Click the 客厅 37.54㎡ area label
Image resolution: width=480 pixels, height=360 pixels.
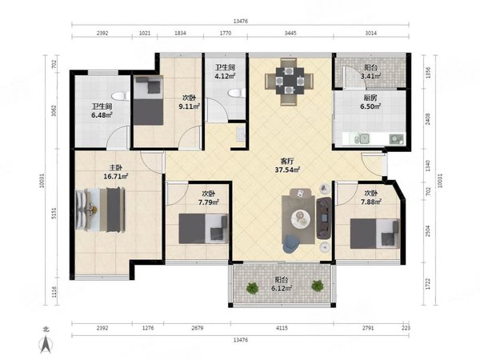click(287, 166)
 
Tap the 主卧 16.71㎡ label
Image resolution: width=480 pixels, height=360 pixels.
click(116, 172)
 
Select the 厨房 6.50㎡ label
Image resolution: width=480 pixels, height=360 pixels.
click(370, 102)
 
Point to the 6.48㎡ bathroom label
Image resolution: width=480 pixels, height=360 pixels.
click(102, 111)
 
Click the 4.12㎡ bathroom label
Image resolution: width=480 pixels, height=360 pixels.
click(225, 72)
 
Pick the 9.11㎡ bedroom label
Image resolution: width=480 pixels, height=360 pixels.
click(189, 102)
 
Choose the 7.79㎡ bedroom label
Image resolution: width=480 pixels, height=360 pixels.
click(209, 198)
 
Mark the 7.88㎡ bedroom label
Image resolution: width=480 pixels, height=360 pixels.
click(370, 198)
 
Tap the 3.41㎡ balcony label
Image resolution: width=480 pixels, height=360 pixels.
click(370, 72)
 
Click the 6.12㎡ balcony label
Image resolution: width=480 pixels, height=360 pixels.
click(282, 284)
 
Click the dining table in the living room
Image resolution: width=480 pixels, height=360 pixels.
click(290, 81)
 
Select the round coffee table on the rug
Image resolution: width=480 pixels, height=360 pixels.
click(301, 218)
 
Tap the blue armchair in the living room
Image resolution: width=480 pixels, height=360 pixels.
click(291, 244)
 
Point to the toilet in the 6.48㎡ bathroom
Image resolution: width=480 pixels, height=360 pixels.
click(121, 97)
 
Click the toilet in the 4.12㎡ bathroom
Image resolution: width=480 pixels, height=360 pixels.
click(237, 92)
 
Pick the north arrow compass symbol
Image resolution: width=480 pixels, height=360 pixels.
click(46, 341)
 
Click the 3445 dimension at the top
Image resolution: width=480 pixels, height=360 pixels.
click(290, 33)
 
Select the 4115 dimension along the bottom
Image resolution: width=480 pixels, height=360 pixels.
click(282, 328)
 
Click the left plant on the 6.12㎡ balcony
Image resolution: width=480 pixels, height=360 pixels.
click(253, 287)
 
